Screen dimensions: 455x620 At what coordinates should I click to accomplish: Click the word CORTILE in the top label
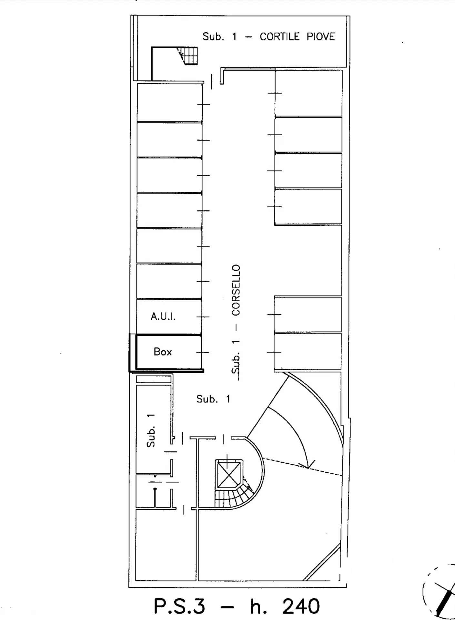click(279, 36)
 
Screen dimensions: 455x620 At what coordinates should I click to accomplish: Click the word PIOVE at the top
click(320, 36)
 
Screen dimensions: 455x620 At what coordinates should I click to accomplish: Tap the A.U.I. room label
click(163, 316)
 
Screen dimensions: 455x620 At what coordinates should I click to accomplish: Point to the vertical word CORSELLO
click(236, 290)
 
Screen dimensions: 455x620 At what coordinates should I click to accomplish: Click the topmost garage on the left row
click(169, 103)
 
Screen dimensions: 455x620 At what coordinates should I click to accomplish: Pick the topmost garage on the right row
click(308, 93)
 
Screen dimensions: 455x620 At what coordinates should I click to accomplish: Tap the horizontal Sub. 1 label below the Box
click(213, 399)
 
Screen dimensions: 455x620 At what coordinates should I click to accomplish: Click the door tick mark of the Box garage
click(203, 352)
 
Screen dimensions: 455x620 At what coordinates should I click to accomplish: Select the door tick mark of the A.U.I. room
click(203, 317)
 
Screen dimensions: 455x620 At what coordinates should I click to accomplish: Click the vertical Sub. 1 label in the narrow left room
click(151, 430)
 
